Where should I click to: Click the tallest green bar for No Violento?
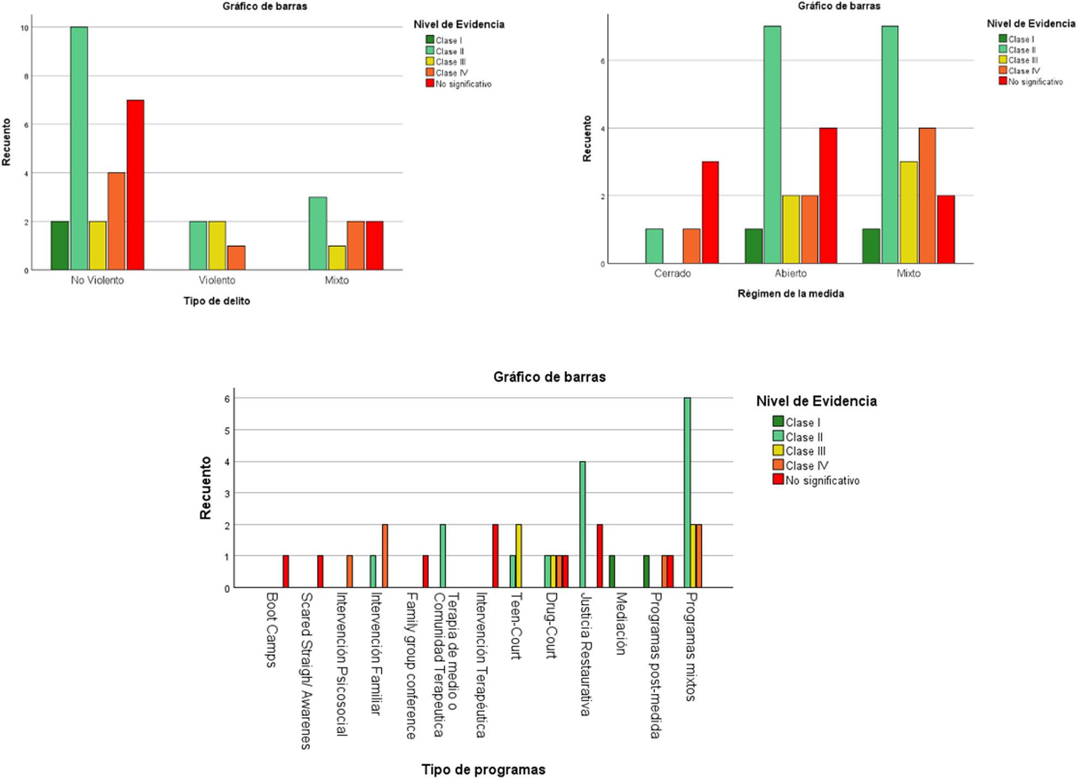pos(79,148)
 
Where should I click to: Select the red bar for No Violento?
pos(135,185)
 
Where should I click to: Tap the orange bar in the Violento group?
pos(236,258)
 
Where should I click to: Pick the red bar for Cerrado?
pos(710,212)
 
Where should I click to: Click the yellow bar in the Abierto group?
pos(791,229)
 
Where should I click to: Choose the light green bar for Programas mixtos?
pos(687,492)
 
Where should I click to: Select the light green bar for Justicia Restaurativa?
pos(582,525)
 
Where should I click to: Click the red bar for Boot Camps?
pos(285,572)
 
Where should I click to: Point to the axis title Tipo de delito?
pos(217,301)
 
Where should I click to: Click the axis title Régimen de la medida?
pos(791,294)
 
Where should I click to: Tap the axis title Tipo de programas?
pos(484,770)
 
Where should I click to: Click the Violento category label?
pos(217,280)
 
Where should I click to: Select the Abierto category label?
pos(791,273)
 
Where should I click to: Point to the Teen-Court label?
pos(516,626)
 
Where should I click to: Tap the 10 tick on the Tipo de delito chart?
pos(25,28)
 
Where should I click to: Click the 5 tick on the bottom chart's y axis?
pos(227,431)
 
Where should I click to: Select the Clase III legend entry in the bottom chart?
pos(800,451)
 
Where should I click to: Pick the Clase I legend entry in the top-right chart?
pos(1016,39)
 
